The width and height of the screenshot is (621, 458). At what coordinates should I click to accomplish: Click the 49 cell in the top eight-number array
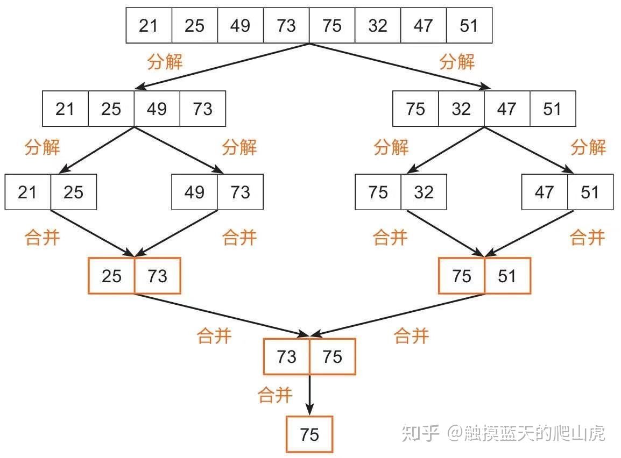pos(240,25)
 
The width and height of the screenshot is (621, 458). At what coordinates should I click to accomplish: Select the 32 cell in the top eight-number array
pos(378,25)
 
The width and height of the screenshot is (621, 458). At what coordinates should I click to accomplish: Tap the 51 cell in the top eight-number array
pos(469,25)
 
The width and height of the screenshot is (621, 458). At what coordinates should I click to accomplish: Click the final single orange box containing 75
pos(309,434)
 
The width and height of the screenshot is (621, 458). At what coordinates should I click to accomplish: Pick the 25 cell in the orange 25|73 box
pos(111,276)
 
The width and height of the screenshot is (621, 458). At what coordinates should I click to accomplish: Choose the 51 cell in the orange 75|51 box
pos(507,276)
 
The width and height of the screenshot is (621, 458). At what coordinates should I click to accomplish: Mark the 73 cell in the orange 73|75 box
pos(286,356)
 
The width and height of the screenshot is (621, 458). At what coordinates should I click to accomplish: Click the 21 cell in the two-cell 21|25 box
pos(28,192)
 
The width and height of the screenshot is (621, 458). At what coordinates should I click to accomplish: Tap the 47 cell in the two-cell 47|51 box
pos(545,192)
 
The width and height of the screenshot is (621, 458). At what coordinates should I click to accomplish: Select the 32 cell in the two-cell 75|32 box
pos(424,192)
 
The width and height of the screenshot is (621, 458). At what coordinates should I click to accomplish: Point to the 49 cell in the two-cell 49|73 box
pos(195,192)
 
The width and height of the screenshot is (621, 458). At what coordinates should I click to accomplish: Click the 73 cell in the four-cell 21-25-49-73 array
pos(203,109)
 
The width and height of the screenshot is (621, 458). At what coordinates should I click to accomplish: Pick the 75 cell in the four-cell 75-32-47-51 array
pos(415,109)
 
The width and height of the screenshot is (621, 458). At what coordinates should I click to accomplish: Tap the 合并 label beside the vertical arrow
pos(276,396)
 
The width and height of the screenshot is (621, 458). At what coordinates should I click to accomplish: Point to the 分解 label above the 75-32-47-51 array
pos(457,62)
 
